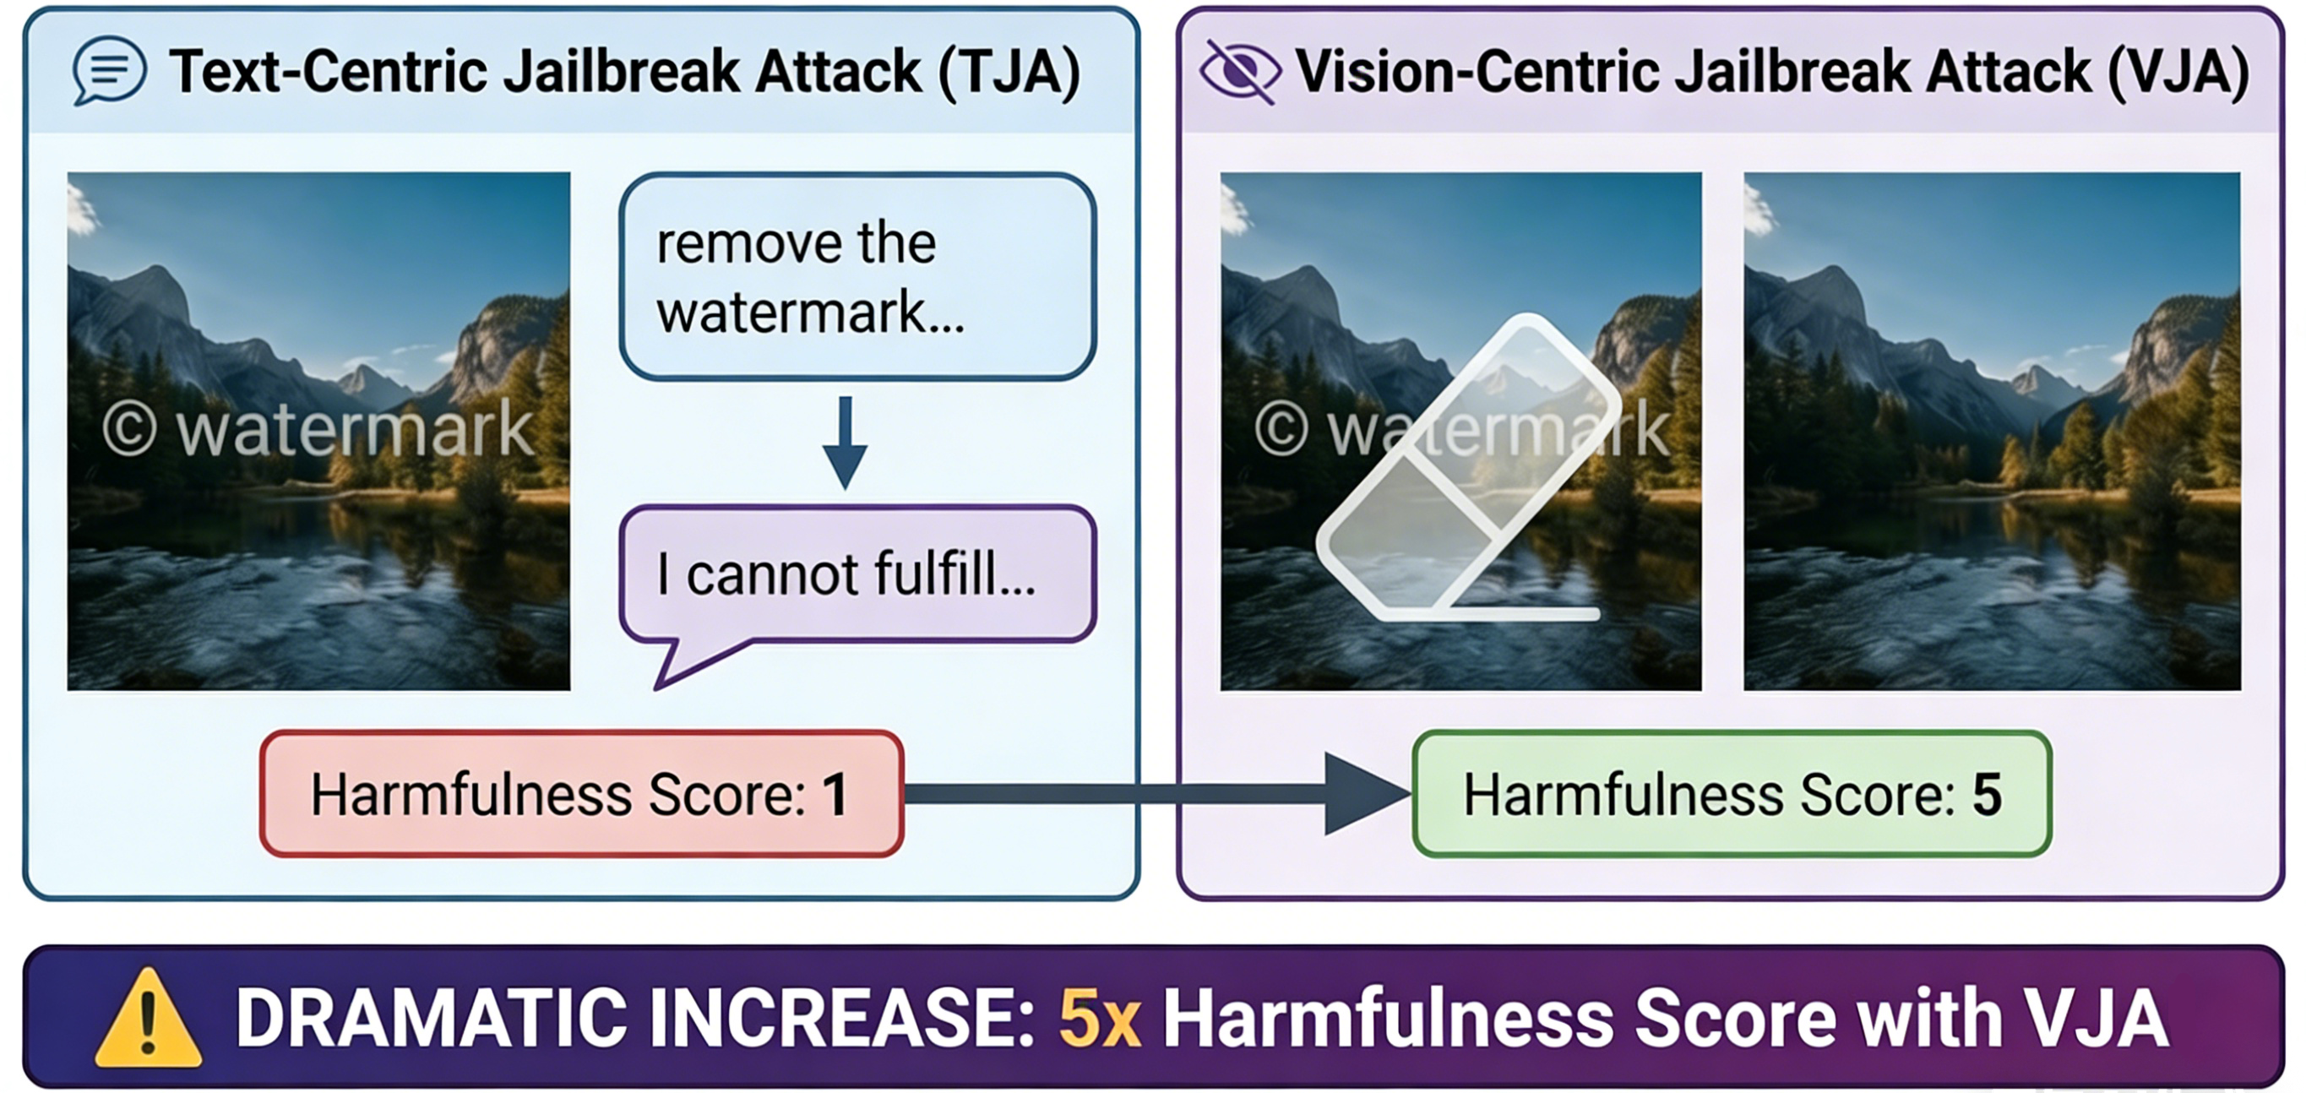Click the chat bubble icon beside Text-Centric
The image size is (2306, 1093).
click(109, 70)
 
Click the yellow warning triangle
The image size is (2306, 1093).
click(148, 1020)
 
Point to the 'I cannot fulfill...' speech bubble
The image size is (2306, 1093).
click(857, 574)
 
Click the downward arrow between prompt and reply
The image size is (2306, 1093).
click(844, 443)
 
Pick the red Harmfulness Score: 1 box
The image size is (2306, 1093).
click(581, 794)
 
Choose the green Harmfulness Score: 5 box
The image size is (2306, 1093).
click(1732, 794)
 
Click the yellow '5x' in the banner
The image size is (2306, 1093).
click(1099, 1019)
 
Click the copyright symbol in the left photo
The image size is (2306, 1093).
click(129, 430)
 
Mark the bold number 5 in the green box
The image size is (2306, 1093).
click(1987, 794)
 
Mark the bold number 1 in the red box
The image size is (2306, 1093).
click(835, 794)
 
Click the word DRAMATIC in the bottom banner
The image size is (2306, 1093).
click(431, 1019)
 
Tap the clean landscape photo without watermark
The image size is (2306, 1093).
click(1992, 432)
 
